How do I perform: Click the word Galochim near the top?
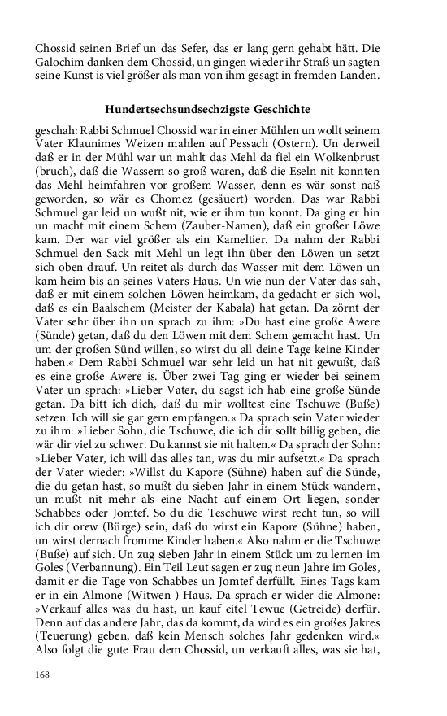(60, 63)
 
